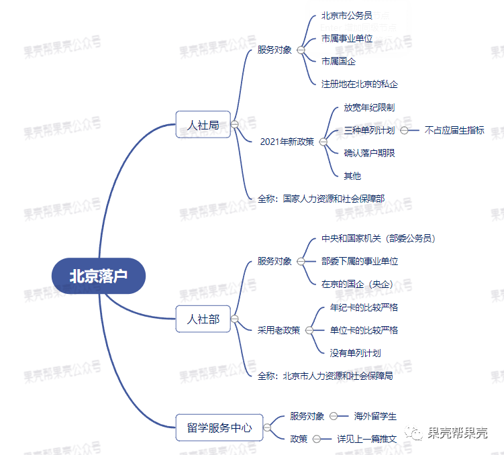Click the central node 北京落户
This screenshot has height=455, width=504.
click(98, 276)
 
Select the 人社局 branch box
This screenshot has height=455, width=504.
click(203, 124)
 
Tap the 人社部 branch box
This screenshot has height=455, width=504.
click(203, 319)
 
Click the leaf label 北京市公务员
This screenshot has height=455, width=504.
click(346, 15)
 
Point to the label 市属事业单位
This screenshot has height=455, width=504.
click(347, 38)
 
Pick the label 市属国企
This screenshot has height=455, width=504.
click(338, 61)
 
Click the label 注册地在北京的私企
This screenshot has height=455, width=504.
click(360, 84)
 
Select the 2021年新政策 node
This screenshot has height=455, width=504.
click(287, 142)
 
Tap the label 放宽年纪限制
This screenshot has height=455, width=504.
click(369, 107)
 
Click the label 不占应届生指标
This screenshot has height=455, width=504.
click(454, 130)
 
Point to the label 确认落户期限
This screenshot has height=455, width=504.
click(369, 153)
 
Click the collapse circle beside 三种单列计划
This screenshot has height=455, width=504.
click(404, 130)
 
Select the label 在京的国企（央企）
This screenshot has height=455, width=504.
click(357, 283)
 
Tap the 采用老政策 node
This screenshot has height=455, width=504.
click(279, 330)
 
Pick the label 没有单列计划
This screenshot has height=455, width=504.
click(356, 352)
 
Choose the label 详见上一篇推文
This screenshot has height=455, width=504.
click(366, 439)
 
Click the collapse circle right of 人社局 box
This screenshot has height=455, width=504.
click(235, 124)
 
